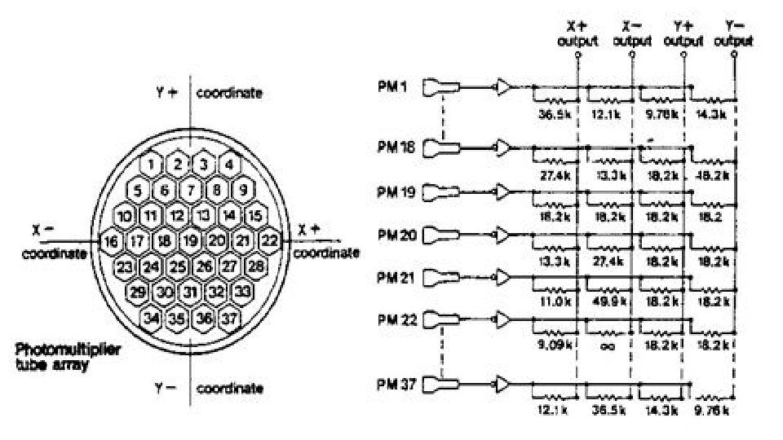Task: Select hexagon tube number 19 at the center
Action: click(190, 240)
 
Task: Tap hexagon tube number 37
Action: click(230, 317)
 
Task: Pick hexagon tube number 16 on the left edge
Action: click(111, 240)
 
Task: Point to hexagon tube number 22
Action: click(269, 240)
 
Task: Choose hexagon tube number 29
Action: click(138, 291)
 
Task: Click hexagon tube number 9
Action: click(243, 190)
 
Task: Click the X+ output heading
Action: click(577, 33)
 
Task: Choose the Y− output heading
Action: click(733, 33)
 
